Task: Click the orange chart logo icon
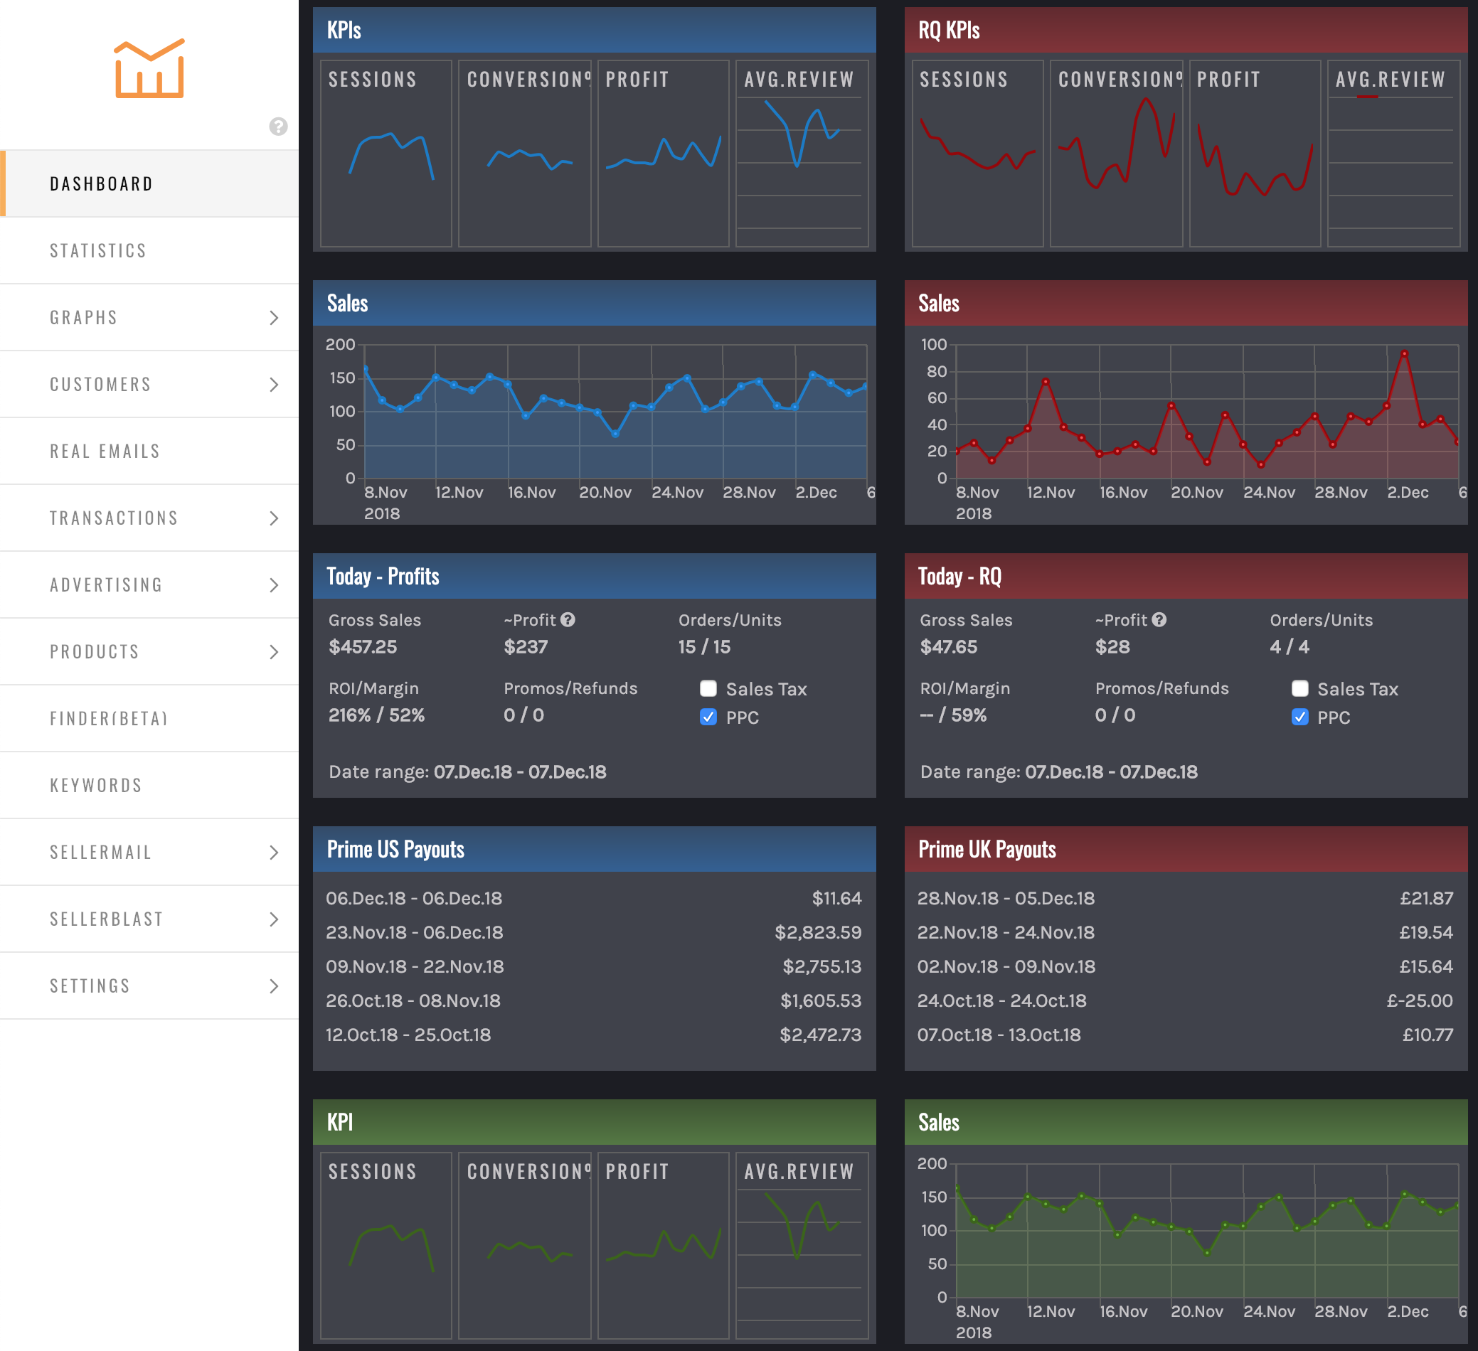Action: tap(149, 69)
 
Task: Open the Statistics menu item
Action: tap(98, 251)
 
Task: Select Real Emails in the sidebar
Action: tap(105, 452)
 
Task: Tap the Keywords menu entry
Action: tap(96, 786)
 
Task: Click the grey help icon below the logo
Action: tap(278, 127)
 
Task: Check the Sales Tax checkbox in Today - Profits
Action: tap(708, 688)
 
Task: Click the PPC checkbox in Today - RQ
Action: tap(1300, 717)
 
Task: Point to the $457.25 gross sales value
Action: tap(363, 646)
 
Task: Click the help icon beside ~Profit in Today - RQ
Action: tap(1159, 620)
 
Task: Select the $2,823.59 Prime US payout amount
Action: tap(817, 932)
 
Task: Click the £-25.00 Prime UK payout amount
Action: tap(1420, 1000)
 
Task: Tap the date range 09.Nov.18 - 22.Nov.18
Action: tap(415, 966)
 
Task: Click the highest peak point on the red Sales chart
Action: tap(1404, 353)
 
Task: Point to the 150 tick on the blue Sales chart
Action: tap(341, 378)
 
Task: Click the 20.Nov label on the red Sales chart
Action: tap(1196, 493)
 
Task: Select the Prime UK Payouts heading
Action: tap(987, 850)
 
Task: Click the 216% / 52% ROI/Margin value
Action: tap(377, 715)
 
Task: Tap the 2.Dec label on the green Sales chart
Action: tap(1408, 1311)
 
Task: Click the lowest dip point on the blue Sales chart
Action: tap(615, 434)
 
